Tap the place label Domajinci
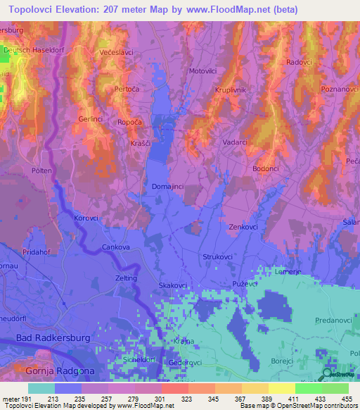(x=169, y=187)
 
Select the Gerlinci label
(x=92, y=119)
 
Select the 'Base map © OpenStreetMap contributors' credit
(x=295, y=406)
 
